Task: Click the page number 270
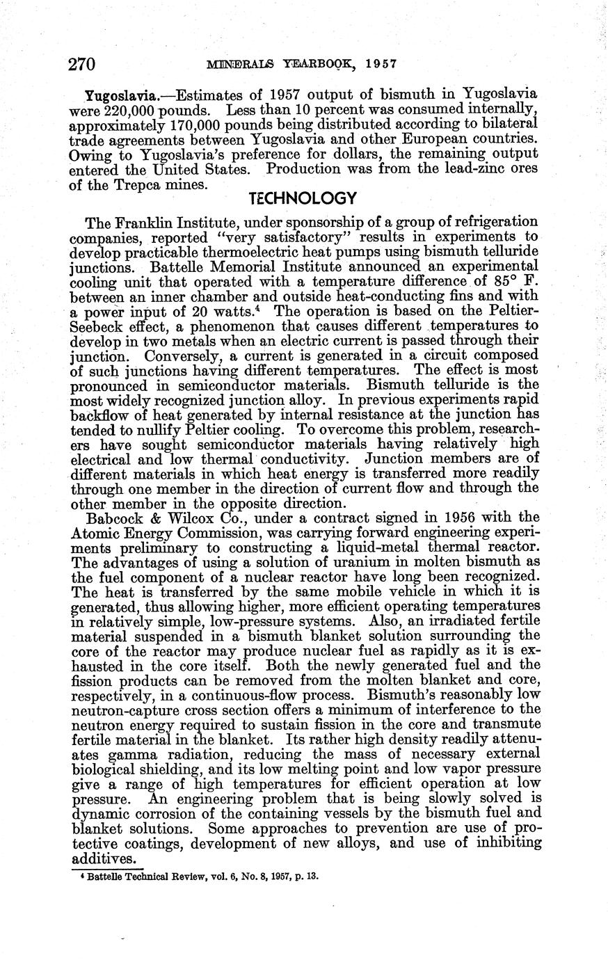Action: point(81,65)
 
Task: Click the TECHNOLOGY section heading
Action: point(303,198)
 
